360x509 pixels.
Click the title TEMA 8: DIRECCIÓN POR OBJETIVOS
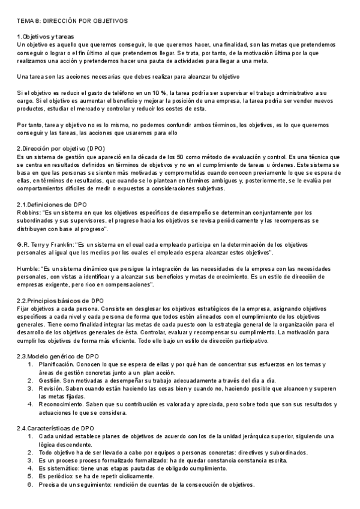[x=72, y=21]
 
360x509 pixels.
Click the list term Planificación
[x=56, y=364]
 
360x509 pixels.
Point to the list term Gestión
[x=50, y=380]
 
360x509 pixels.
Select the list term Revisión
[x=51, y=388]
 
